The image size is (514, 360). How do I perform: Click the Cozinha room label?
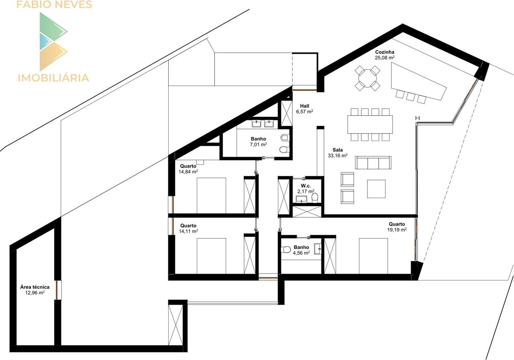point(385,52)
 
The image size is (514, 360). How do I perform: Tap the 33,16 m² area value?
point(338,155)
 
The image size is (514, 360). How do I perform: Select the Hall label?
point(304,106)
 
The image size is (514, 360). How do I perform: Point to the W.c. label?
point(306,186)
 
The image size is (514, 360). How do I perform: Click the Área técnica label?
point(35,287)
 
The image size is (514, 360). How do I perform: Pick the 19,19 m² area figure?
point(397,229)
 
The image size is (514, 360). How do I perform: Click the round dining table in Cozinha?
point(367,78)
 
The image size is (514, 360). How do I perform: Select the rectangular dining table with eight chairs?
point(370,125)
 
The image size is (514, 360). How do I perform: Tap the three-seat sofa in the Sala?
point(373,163)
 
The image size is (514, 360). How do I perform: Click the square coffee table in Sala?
point(376,189)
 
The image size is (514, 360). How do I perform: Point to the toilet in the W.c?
point(315,197)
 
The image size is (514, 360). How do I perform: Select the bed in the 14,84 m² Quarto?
point(211,195)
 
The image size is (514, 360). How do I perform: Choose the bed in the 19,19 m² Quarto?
point(373,256)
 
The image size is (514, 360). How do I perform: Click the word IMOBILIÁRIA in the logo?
point(53,78)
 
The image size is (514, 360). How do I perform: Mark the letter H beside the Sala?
point(418,118)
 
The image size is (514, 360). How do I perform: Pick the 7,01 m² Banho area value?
point(258,144)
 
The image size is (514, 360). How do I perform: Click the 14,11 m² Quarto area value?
point(188,231)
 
